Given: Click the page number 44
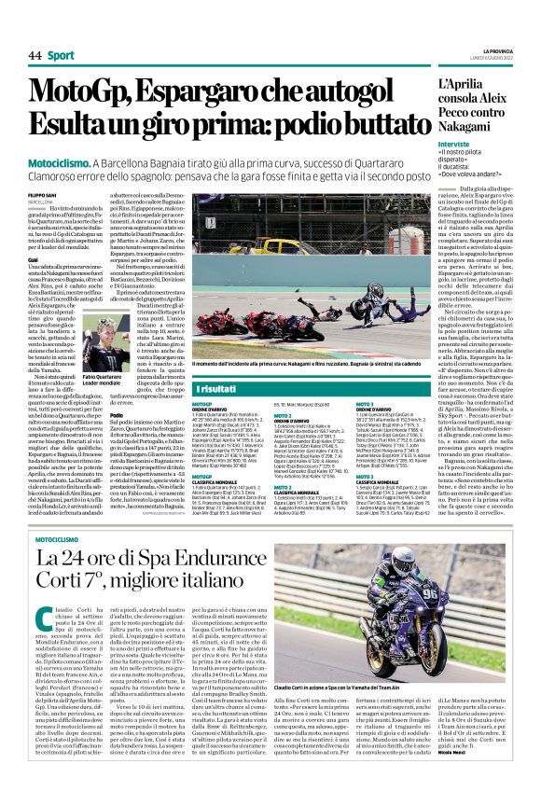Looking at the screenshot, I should point(35,56).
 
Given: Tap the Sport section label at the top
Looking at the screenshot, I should point(62,56).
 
